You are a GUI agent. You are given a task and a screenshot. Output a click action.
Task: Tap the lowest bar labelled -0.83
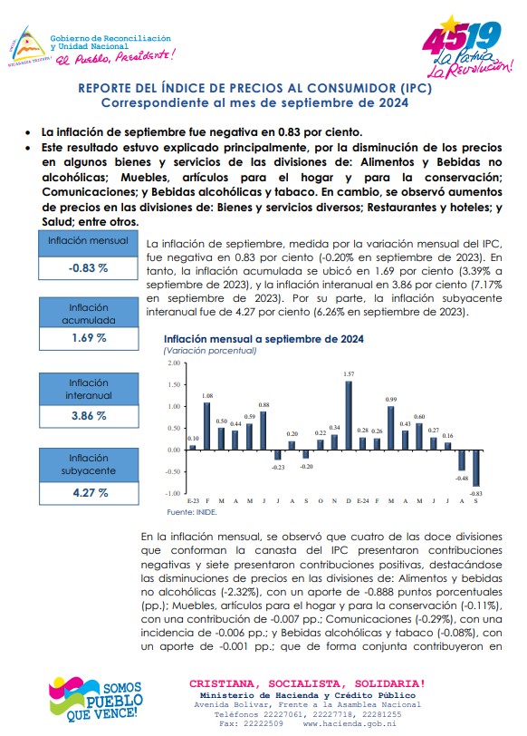tap(476, 468)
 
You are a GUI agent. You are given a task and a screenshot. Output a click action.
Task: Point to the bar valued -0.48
tap(462, 460)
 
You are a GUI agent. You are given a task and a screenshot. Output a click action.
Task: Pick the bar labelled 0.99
tap(391, 428)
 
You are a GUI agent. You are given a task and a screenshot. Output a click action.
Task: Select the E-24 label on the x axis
tap(362, 501)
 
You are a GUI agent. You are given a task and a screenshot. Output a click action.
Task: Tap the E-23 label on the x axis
tap(193, 501)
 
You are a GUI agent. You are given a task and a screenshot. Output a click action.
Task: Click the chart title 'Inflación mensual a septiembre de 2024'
tap(263, 339)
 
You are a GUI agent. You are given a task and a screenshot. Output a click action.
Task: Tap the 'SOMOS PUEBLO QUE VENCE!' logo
tap(95, 699)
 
